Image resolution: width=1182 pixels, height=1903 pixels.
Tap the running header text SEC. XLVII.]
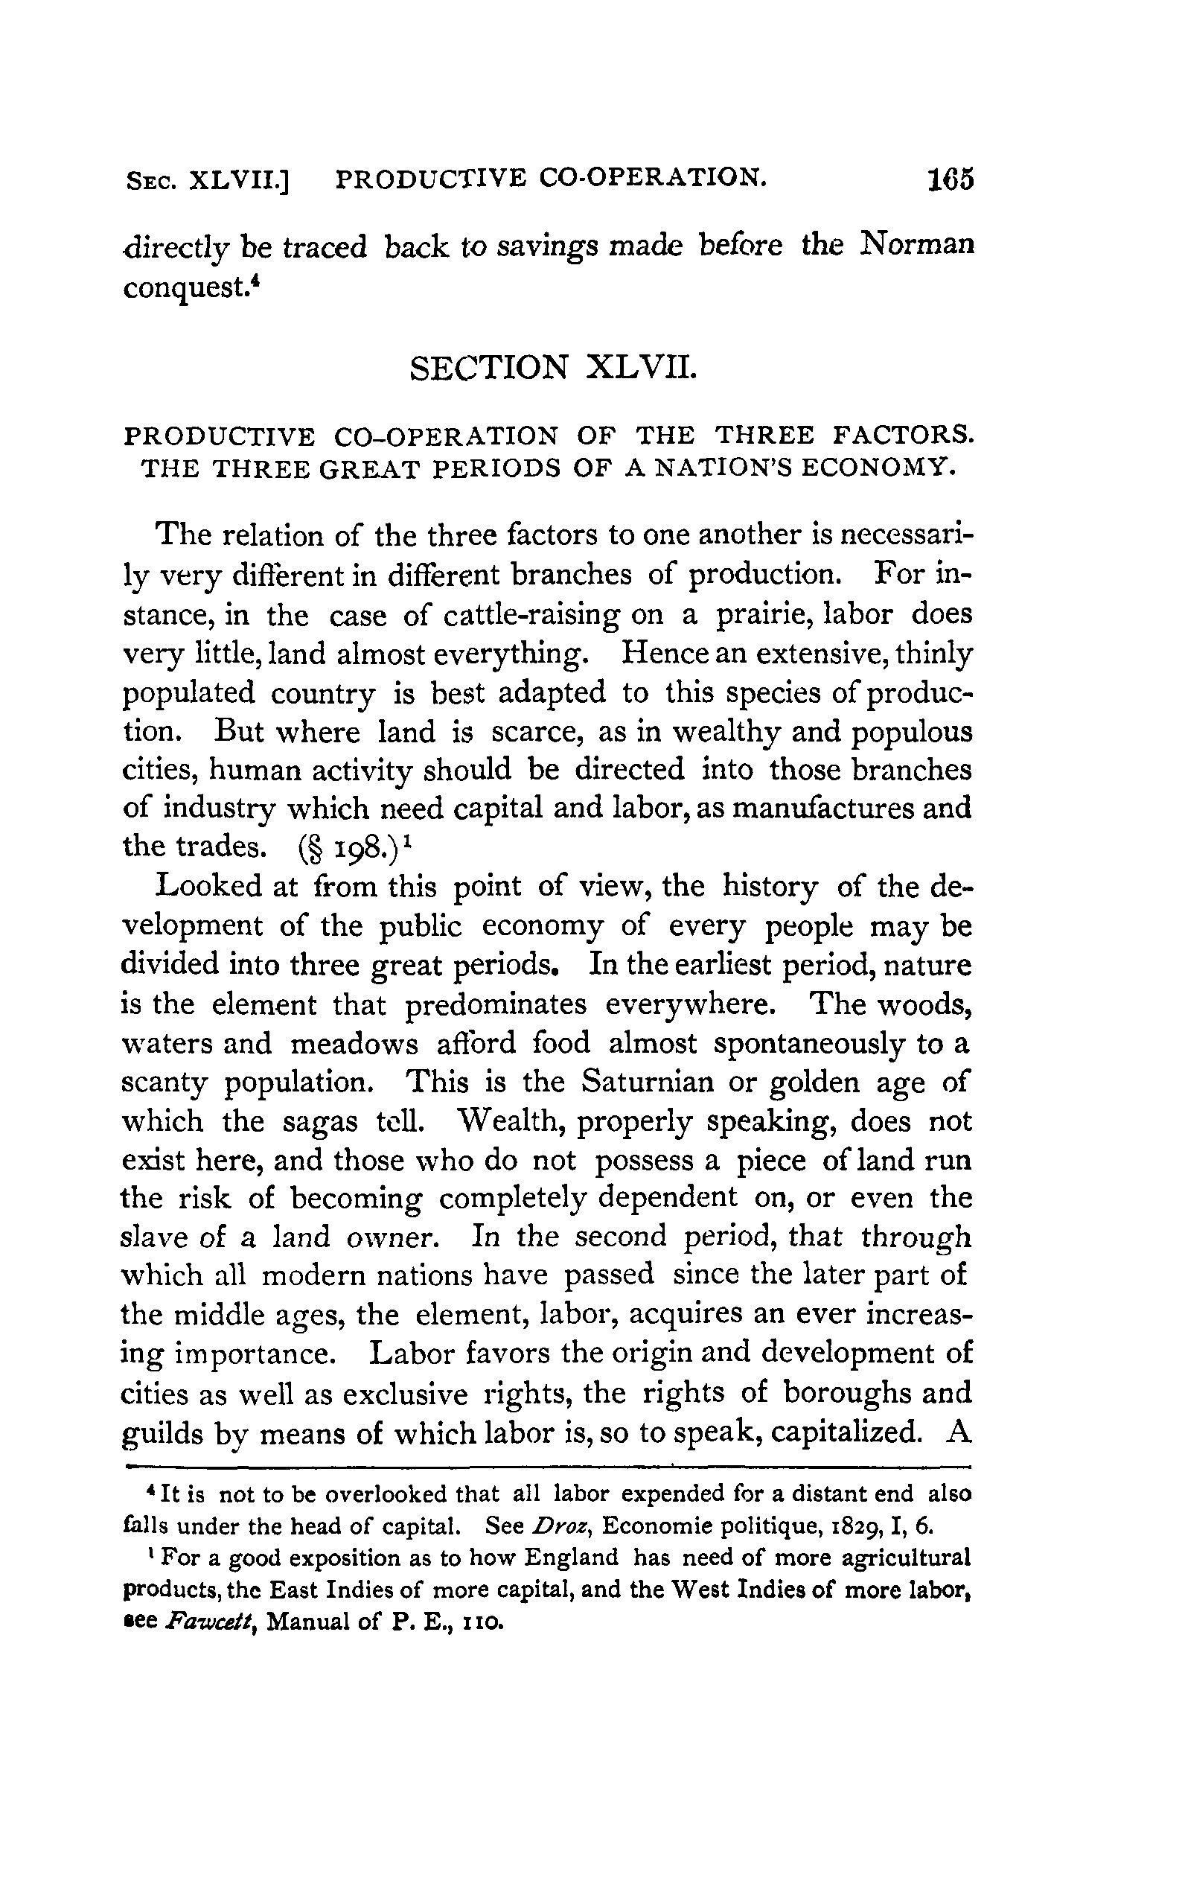207,181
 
